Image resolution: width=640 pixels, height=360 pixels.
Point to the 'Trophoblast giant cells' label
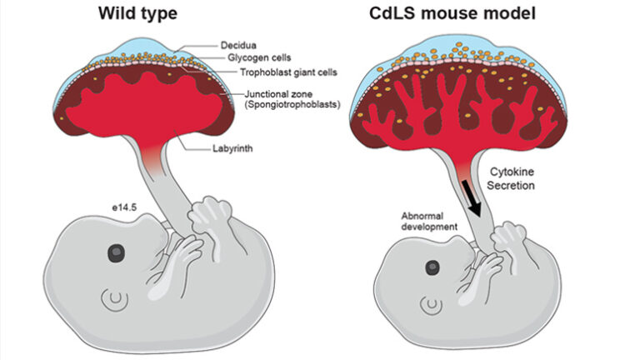[x=284, y=72]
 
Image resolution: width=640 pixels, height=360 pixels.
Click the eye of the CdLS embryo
[x=432, y=267]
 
